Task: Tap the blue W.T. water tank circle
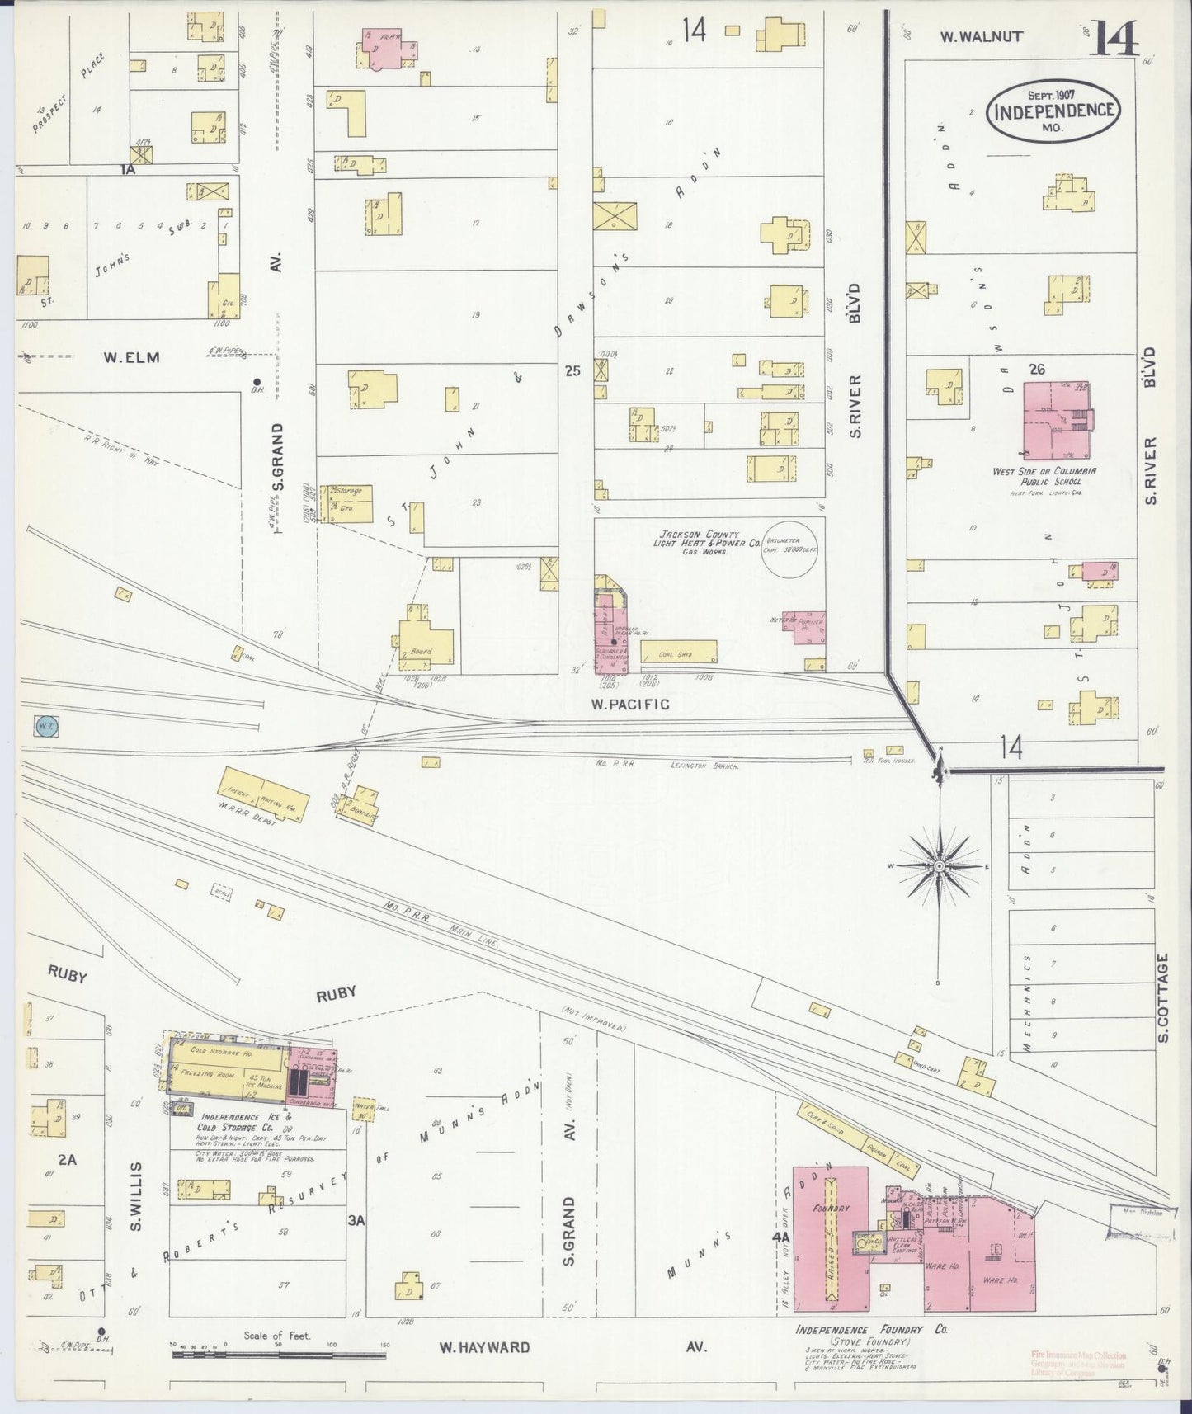click(45, 726)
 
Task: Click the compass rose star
click(939, 866)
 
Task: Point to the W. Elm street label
click(130, 357)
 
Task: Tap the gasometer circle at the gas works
click(790, 550)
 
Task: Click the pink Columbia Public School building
click(1056, 420)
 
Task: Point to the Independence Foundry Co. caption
click(870, 1330)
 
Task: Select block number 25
click(572, 371)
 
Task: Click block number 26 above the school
click(1036, 369)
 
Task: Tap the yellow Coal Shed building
click(678, 653)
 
